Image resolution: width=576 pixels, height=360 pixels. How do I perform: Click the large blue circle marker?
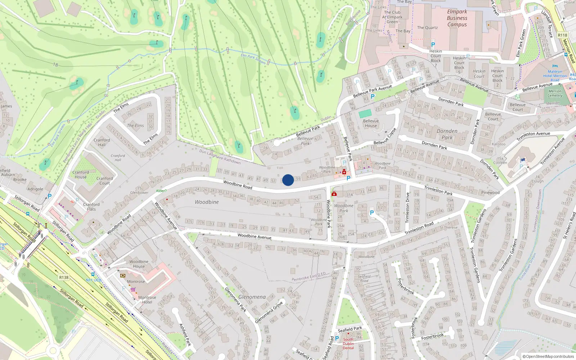[288, 180]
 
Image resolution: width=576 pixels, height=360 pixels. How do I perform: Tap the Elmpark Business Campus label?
[457, 18]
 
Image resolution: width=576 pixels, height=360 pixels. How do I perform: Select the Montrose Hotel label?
[147, 300]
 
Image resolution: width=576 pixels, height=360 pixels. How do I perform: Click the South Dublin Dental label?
[348, 343]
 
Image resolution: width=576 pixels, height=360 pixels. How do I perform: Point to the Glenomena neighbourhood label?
[252, 297]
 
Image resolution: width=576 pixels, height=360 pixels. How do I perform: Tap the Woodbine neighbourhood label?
[207, 202]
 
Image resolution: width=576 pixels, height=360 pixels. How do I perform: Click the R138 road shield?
[64, 277]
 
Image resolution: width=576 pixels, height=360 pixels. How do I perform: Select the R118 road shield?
[562, 35]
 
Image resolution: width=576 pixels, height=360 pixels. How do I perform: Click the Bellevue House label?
[371, 123]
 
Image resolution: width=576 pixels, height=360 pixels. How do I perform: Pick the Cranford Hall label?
[102, 142]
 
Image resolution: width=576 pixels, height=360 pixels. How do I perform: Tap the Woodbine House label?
[139, 264]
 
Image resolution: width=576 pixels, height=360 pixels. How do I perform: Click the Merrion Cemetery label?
[555, 93]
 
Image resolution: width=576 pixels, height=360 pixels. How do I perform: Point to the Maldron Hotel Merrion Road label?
[555, 76]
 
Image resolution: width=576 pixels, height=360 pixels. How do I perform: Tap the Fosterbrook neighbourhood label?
[405, 286]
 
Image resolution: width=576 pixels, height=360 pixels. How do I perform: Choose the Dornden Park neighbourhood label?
[447, 134]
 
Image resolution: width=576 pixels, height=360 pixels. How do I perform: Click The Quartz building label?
[427, 28]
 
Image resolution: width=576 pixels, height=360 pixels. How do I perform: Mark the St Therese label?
[449, 228]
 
